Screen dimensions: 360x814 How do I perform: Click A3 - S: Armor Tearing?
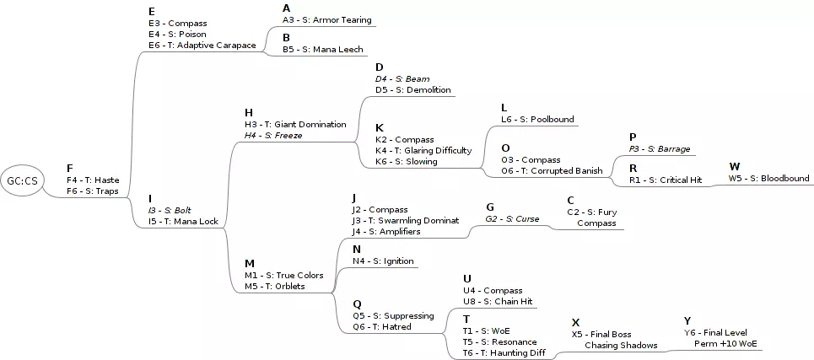(326, 19)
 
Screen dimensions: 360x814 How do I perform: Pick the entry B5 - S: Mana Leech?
(322, 50)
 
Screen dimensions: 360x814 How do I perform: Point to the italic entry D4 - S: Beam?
(402, 78)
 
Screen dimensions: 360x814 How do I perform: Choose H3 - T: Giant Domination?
(295, 124)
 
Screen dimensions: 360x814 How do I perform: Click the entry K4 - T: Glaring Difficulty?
(423, 150)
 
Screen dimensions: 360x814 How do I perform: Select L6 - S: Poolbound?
(536, 120)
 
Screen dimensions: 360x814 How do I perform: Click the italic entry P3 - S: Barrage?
(659, 148)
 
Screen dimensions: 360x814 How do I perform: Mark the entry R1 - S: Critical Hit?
(665, 180)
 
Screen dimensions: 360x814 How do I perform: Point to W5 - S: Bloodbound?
(768, 178)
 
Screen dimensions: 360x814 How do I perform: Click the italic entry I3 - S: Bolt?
(170, 210)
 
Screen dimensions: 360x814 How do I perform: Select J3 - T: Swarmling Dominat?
(406, 220)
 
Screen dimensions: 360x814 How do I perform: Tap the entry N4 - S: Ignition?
(383, 261)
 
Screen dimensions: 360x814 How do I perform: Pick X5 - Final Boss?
(601, 335)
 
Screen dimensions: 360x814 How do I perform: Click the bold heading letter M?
(249, 263)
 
